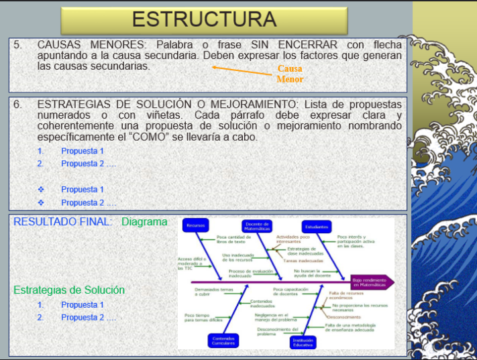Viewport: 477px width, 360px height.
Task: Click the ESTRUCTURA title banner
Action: coord(204,20)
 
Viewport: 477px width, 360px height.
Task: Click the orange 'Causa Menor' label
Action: coord(290,74)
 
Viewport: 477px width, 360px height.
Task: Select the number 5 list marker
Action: coord(17,45)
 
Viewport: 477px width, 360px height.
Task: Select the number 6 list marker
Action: coord(17,105)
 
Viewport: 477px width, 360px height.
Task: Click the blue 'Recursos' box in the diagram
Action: coord(196,226)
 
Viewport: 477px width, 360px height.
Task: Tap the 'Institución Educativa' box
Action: coord(303,341)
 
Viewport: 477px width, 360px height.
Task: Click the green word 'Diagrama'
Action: coord(144,222)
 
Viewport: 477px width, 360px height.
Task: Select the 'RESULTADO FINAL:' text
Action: coord(63,222)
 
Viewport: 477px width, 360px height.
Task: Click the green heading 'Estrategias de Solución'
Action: coord(69,290)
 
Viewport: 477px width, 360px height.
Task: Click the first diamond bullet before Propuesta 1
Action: coord(41,190)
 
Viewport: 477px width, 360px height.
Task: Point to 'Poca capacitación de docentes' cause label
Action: coord(290,292)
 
